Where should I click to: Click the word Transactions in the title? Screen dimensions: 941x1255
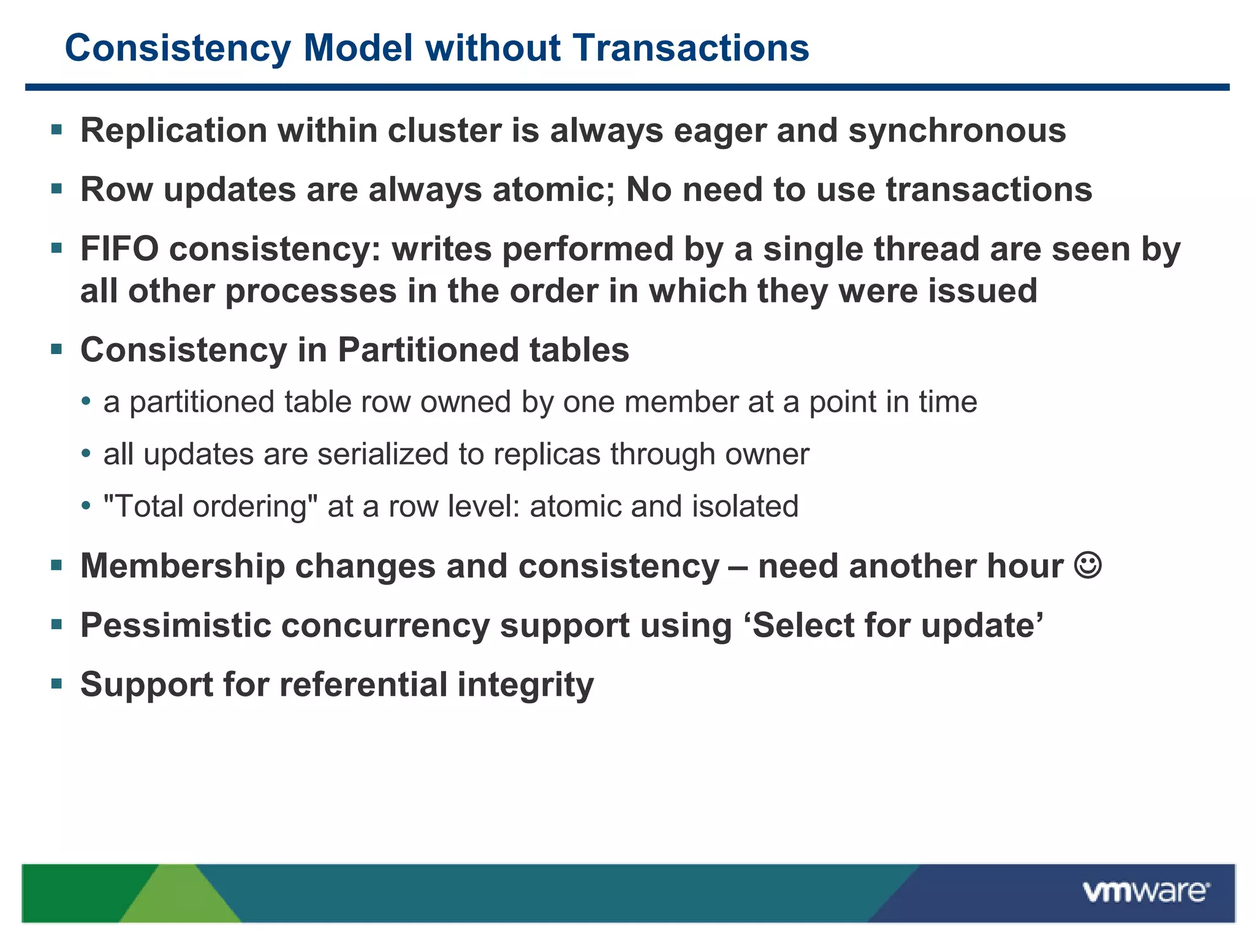tap(691, 48)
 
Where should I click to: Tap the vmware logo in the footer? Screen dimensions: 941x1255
tap(1146, 891)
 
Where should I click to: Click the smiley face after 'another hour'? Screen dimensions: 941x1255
tap(1088, 565)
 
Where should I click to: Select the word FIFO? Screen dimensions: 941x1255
tap(119, 249)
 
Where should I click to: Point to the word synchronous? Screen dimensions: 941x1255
tap(957, 130)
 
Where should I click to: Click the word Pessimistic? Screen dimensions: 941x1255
tap(175, 625)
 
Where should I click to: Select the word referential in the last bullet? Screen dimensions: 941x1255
tap(363, 684)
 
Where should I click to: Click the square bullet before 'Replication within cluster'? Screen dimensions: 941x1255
tap(57, 130)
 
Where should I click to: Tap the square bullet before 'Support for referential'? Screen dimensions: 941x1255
tap(57, 684)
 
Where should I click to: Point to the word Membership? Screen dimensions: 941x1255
tap(183, 565)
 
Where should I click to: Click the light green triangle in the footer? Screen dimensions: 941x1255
tap(180, 898)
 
